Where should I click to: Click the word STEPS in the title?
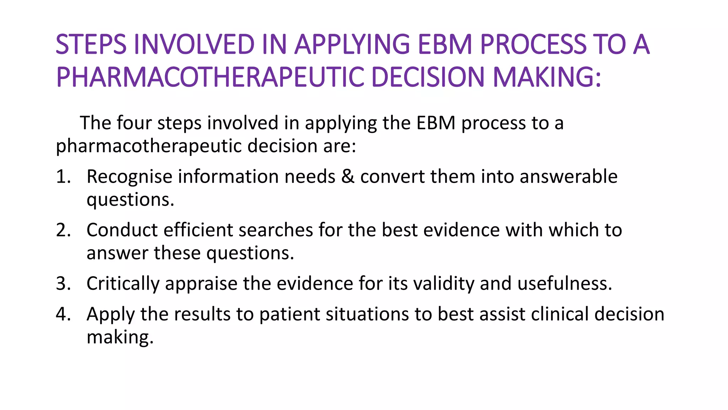pyautogui.click(x=91, y=45)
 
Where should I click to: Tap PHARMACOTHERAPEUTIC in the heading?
pyautogui.click(x=210, y=77)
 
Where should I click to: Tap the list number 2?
pyautogui.click(x=63, y=230)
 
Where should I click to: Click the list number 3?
pyautogui.click(x=63, y=284)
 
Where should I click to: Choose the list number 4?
pyautogui.click(x=63, y=315)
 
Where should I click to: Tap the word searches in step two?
pyautogui.click(x=275, y=230)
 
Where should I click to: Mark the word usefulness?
pyautogui.click(x=564, y=284)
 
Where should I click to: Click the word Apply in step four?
pyautogui.click(x=111, y=315)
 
